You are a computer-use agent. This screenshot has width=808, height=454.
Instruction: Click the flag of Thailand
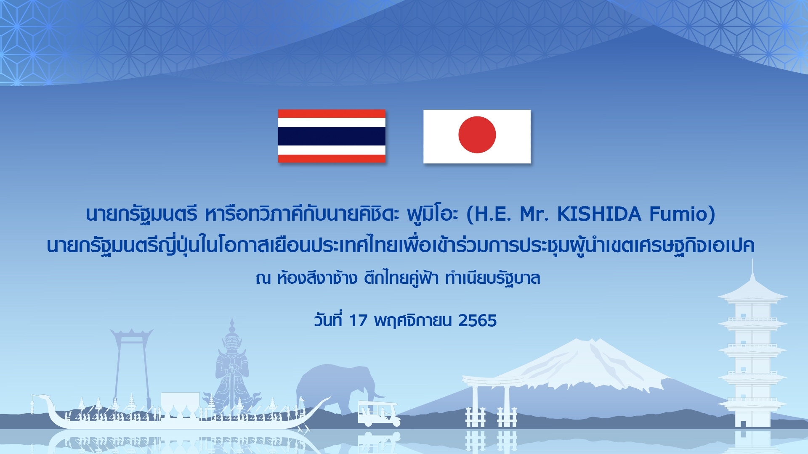[332, 136]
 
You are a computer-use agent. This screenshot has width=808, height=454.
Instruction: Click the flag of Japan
[477, 136]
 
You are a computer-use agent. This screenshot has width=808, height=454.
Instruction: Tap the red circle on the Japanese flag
[477, 135]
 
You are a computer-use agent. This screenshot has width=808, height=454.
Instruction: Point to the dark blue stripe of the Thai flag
[332, 136]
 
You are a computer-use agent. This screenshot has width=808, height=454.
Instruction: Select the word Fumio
[678, 214]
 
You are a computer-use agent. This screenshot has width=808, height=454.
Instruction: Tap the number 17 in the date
[358, 321]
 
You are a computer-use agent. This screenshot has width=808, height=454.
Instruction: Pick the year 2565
[478, 321]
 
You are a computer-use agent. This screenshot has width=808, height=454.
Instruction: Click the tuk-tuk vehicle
[378, 413]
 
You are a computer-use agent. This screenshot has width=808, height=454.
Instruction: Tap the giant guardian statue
[231, 370]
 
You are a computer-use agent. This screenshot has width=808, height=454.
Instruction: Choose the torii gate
[491, 399]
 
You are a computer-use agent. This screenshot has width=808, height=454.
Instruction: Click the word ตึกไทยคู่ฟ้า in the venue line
[401, 278]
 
